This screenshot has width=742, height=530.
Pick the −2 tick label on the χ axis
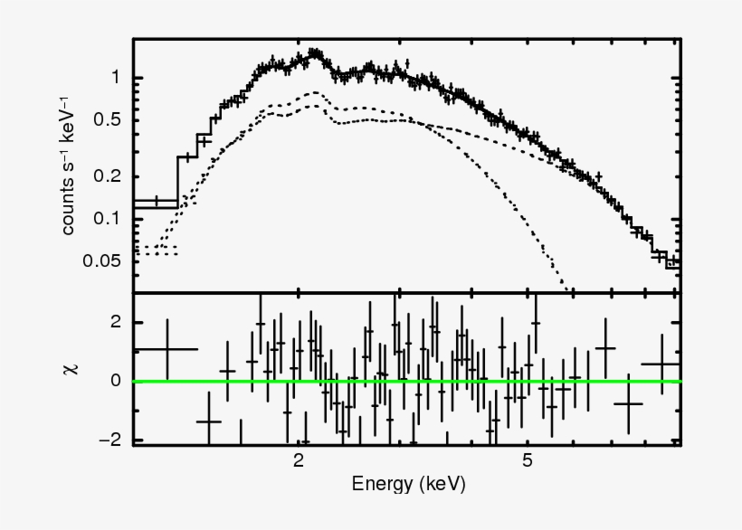point(109,440)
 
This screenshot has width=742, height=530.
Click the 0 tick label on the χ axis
point(114,381)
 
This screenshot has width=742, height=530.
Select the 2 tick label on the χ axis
point(114,322)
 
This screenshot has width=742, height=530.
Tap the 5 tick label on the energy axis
point(528,459)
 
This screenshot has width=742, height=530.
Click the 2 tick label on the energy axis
point(299,459)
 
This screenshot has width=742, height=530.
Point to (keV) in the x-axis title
point(442,485)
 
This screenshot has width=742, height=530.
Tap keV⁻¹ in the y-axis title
point(69,112)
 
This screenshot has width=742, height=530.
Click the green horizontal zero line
point(407,381)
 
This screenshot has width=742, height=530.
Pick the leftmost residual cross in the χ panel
point(166,348)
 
